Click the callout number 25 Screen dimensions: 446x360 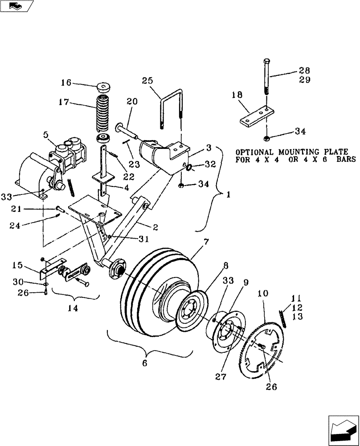pyautogui.click(x=147, y=81)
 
